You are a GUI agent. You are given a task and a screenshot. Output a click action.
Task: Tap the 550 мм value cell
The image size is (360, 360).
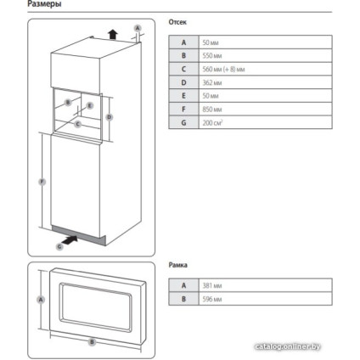click(x=212, y=55)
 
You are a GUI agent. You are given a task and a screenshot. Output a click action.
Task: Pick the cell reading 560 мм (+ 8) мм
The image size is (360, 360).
click(x=223, y=69)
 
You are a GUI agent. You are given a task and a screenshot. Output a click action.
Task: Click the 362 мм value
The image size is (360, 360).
click(x=211, y=82)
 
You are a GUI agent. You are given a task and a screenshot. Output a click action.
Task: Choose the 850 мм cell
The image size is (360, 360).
click(x=212, y=110)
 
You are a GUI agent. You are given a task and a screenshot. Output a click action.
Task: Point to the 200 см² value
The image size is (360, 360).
click(x=214, y=123)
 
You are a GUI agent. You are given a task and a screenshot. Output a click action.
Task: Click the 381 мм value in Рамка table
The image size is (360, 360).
click(x=212, y=284)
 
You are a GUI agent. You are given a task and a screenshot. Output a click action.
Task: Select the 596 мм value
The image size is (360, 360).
click(x=212, y=298)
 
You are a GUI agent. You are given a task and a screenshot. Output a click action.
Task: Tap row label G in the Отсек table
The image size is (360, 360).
click(x=181, y=123)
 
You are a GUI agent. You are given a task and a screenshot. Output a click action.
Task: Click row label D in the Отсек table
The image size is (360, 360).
click(x=181, y=82)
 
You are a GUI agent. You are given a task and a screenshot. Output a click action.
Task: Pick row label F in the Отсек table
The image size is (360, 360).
click(x=181, y=110)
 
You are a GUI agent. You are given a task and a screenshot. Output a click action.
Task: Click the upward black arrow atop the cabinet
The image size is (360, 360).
click(x=110, y=33)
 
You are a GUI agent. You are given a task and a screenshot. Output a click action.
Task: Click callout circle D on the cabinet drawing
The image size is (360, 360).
click(x=110, y=117)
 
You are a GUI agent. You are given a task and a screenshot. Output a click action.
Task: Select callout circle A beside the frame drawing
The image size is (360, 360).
click(x=39, y=300)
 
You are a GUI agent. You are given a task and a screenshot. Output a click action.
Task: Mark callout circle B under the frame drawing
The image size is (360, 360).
click(x=92, y=342)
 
